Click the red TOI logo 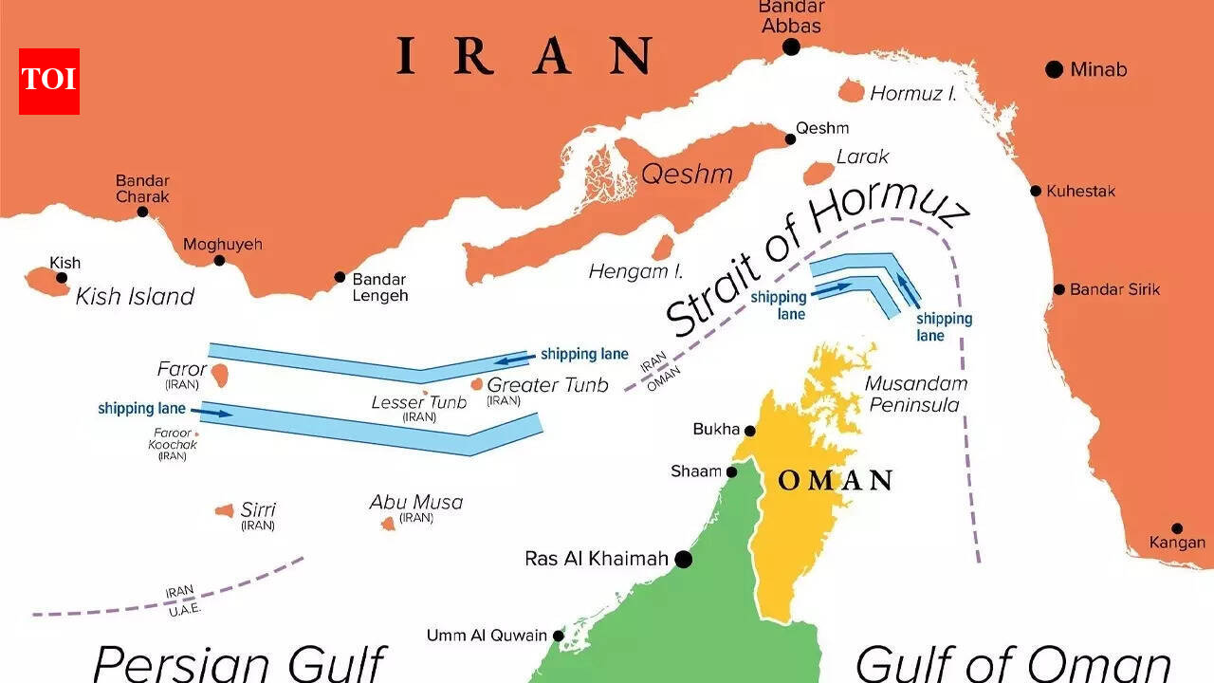pos(48,81)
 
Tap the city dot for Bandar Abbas pos(791,47)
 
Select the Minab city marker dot pos(1054,69)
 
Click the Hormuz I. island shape pos(852,91)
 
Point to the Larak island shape pos(819,173)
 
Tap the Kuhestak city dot pos(1036,191)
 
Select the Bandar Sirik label pos(1114,289)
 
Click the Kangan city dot pos(1177,528)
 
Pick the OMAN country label pos(835,481)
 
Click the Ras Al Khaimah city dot pos(683,560)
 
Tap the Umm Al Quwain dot pos(559,636)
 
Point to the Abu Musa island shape pos(388,524)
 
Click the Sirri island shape pos(225,511)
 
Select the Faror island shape pos(220,374)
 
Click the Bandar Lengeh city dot pos(340,278)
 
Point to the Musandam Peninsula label pos(916,395)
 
